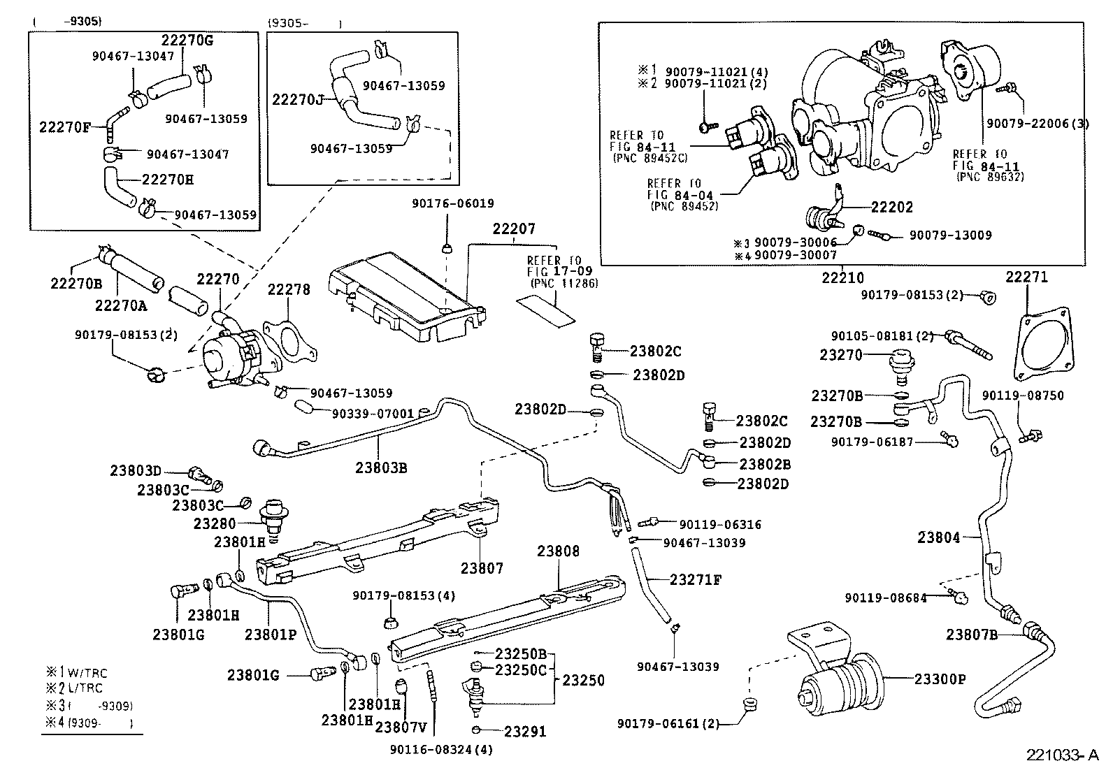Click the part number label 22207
[514, 229]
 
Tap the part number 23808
[558, 551]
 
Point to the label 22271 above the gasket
[1027, 277]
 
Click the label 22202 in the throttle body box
[891, 208]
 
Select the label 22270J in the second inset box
[298, 100]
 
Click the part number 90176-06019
[453, 203]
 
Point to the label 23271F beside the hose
[695, 579]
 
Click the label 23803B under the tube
[381, 468]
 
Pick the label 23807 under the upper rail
[482, 568]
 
